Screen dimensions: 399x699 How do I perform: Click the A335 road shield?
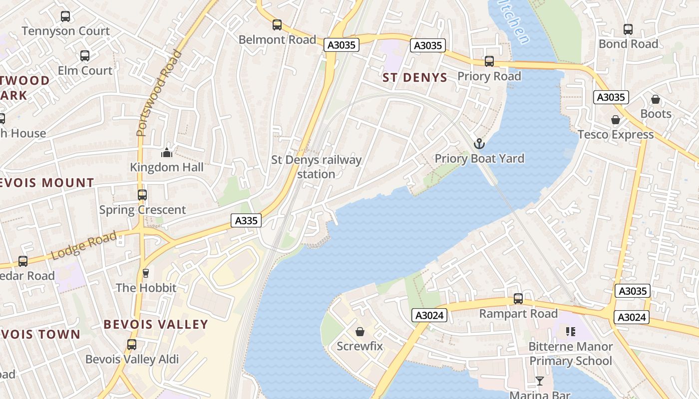pos(246,220)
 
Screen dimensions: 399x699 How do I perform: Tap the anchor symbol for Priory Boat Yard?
pos(479,144)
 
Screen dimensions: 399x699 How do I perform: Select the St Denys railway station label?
pos(316,167)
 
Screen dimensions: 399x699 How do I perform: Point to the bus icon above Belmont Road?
pos(277,24)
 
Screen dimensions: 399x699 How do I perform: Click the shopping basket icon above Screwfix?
pos(359,332)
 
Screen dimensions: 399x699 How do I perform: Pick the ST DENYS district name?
pos(415,77)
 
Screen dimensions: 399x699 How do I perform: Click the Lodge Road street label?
pos(84,246)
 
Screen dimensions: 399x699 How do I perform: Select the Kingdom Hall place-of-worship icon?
pos(167,153)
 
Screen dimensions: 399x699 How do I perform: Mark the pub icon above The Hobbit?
pos(146,273)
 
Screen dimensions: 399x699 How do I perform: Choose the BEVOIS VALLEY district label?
pos(156,324)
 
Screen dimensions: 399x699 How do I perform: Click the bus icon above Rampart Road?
pos(518,299)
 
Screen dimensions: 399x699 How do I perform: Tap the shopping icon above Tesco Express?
pos(616,120)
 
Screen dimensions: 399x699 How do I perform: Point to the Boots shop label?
pos(656,114)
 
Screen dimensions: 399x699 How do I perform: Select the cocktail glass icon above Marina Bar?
pos(540,381)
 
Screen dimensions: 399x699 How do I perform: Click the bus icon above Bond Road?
pos(628,29)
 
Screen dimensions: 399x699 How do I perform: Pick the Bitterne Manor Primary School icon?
pos(570,332)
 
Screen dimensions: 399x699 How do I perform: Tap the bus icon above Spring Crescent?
pos(142,195)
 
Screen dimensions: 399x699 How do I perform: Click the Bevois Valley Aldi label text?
pos(132,359)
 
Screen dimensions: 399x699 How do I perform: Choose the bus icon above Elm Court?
pos(85,56)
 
